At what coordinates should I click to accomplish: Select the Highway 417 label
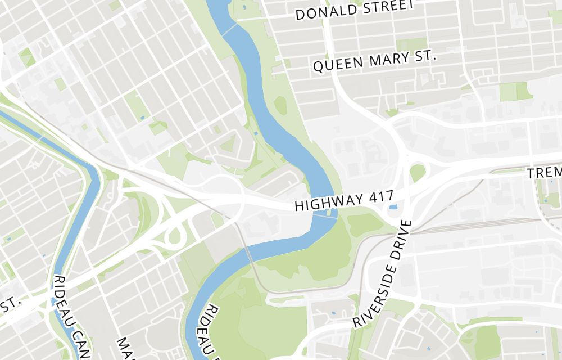click(x=343, y=201)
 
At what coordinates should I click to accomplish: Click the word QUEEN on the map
click(x=337, y=65)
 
